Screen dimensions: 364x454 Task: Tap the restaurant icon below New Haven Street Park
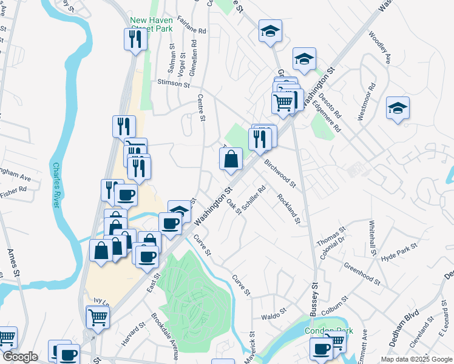(x=135, y=39)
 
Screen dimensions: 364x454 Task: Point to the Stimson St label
(x=174, y=83)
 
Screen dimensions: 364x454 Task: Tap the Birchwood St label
(x=280, y=174)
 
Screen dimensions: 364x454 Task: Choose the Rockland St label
(x=289, y=208)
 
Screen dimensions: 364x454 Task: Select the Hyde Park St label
(x=399, y=252)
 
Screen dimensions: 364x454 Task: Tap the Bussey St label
(x=315, y=293)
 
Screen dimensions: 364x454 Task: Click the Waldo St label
(x=273, y=316)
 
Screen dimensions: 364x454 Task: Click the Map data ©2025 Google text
(x=416, y=359)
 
